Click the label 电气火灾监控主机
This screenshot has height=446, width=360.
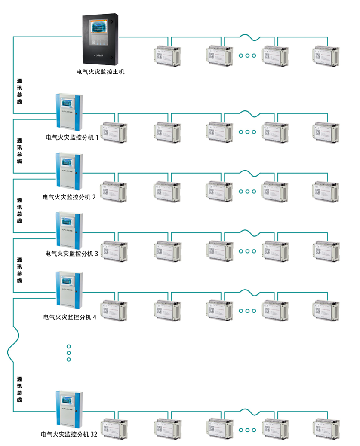click(101, 72)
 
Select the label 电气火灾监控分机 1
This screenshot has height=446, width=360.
click(72, 138)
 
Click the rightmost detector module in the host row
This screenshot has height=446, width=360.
click(325, 55)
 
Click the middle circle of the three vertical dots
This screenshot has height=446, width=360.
click(68, 353)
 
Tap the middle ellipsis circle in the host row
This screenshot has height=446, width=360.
click(248, 55)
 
